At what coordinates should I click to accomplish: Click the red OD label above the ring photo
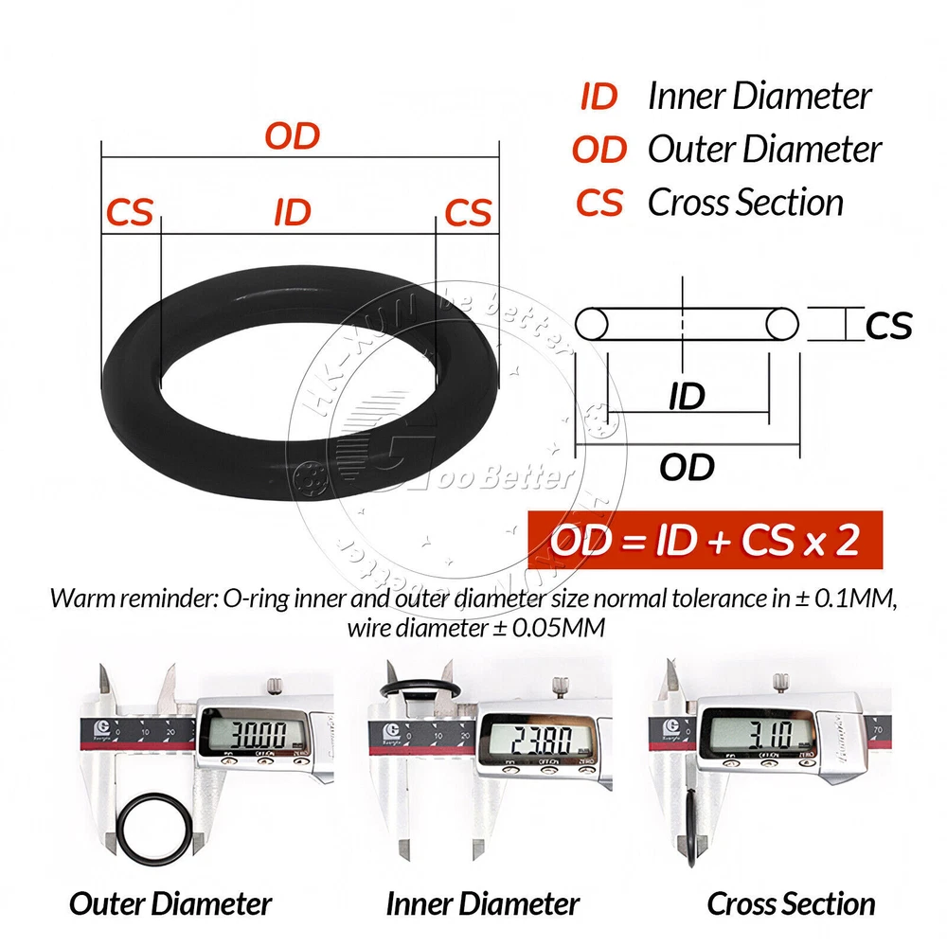click(x=293, y=136)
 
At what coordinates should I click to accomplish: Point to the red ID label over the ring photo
click(x=293, y=212)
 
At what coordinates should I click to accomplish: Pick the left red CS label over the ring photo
click(x=130, y=212)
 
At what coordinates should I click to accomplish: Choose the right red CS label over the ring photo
click(x=468, y=212)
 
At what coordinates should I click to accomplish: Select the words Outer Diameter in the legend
click(x=764, y=150)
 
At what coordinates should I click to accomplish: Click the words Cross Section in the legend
click(x=745, y=203)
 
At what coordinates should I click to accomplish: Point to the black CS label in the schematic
click(x=888, y=327)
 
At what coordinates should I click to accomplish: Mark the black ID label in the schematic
click(x=687, y=397)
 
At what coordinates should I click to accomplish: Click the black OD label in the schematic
click(x=687, y=467)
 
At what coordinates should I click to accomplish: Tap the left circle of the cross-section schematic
click(x=593, y=324)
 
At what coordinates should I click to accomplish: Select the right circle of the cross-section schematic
click(x=782, y=324)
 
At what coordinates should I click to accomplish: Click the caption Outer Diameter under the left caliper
click(x=170, y=903)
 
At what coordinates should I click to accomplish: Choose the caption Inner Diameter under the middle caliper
click(x=483, y=903)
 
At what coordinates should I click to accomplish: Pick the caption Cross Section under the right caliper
click(x=792, y=903)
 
